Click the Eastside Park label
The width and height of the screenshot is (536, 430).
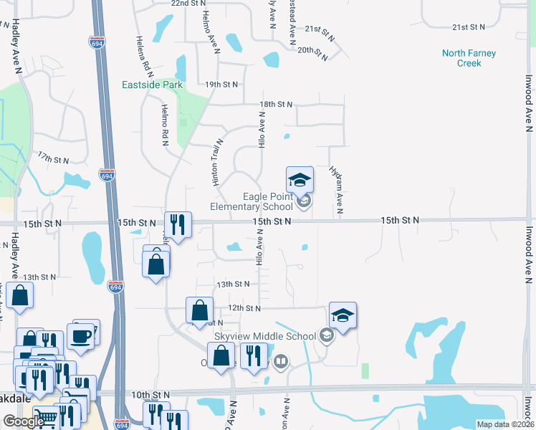pyautogui.click(x=152, y=85)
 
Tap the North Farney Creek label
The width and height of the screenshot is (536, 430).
pyautogui.click(x=469, y=58)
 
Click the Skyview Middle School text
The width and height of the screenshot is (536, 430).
pyautogui.click(x=265, y=336)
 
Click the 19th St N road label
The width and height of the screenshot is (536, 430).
pyautogui.click(x=221, y=85)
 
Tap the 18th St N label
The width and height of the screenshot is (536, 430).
pyautogui.click(x=276, y=105)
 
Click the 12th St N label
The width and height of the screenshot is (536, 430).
pyautogui.click(x=244, y=308)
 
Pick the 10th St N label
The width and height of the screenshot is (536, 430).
pyautogui.click(x=150, y=395)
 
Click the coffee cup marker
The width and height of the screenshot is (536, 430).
pyautogui.click(x=80, y=335)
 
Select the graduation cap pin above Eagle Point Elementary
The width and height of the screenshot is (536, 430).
pyautogui.click(x=300, y=179)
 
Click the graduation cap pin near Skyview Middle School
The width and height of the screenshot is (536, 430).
pyautogui.click(x=343, y=315)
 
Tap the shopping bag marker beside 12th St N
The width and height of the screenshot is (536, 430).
pyautogui.click(x=200, y=310)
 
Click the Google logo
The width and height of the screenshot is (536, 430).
pyautogui.click(x=24, y=422)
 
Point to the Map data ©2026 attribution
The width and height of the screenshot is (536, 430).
pyautogui.click(x=505, y=424)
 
